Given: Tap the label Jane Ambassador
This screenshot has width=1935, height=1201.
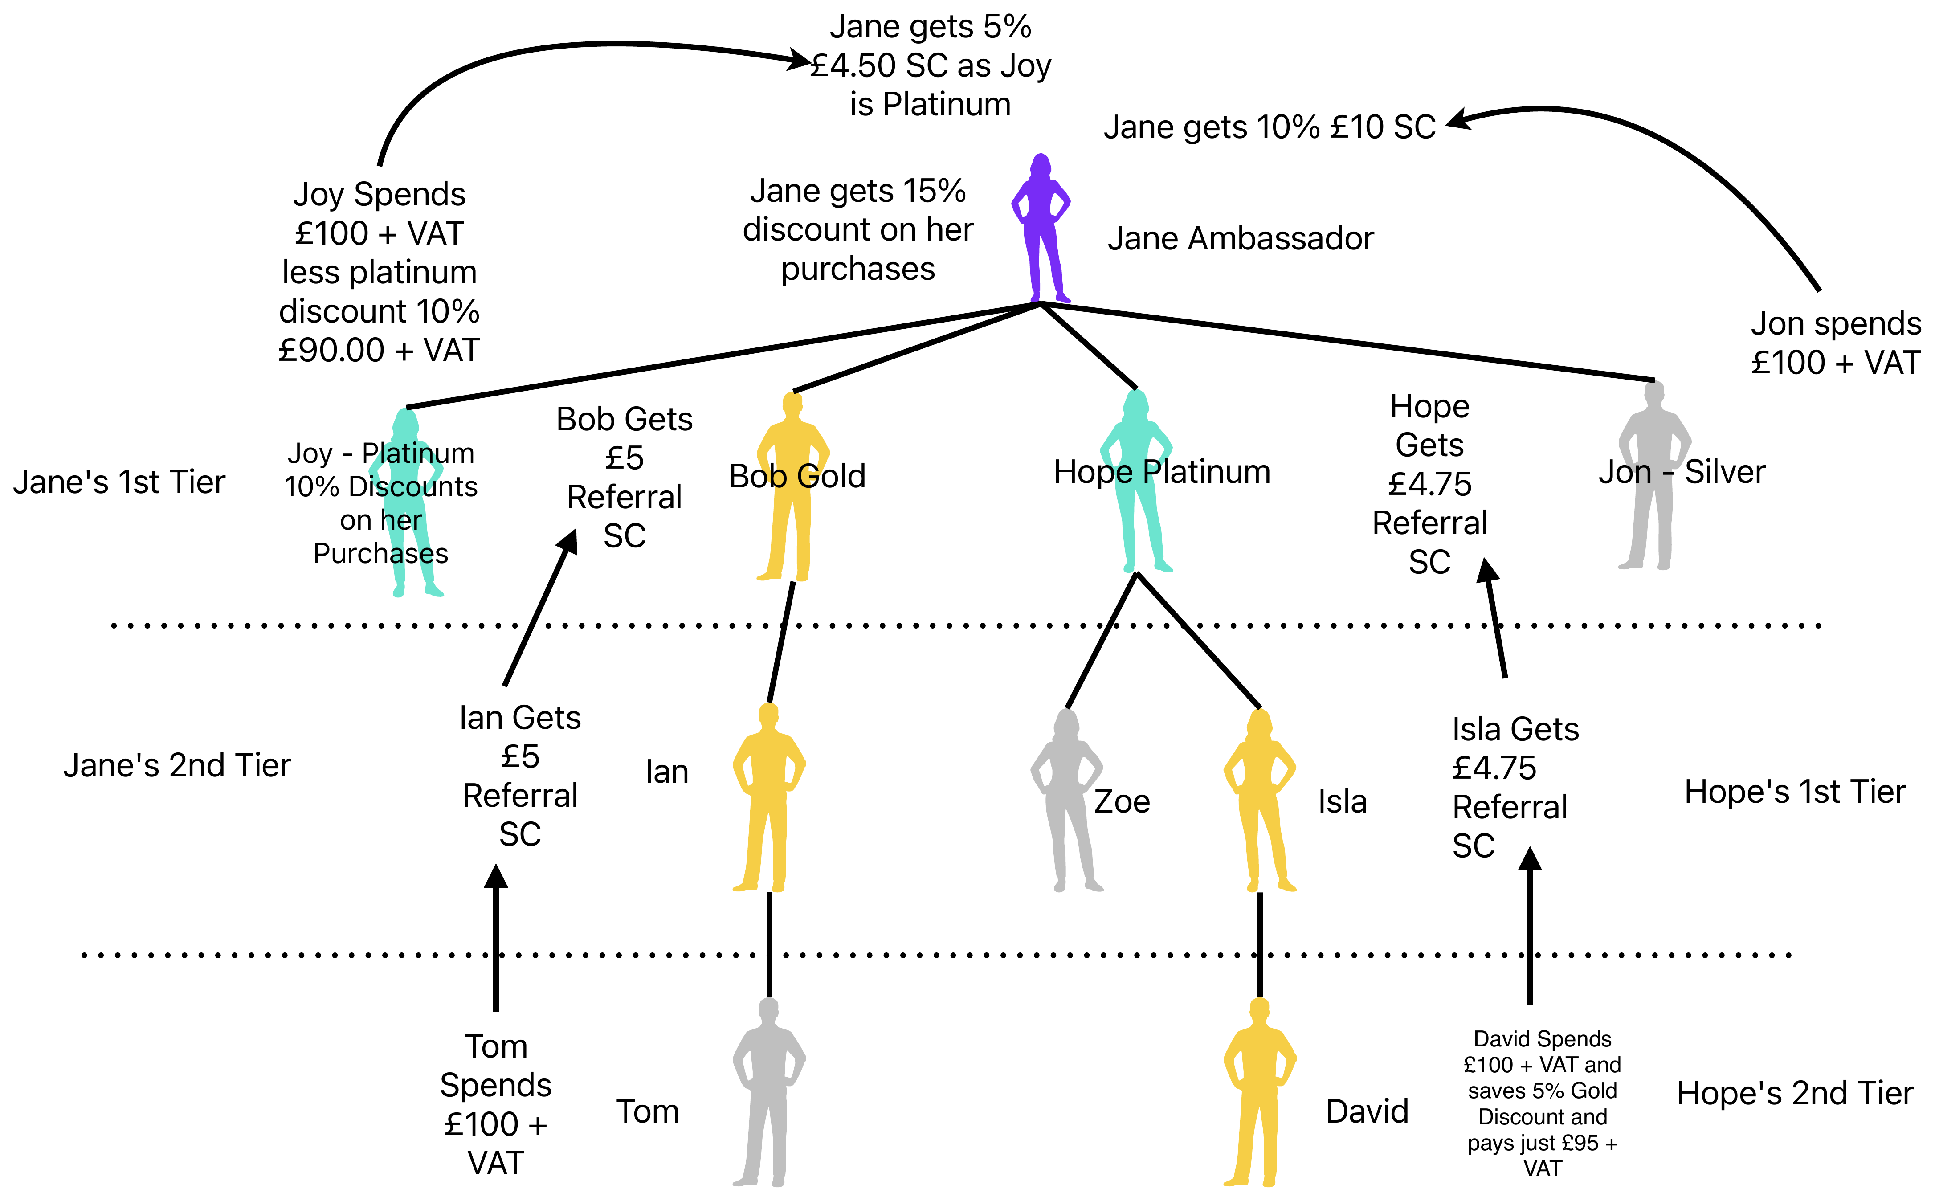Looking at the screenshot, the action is (1240, 238).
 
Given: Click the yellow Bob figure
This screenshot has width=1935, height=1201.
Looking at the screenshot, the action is (792, 486).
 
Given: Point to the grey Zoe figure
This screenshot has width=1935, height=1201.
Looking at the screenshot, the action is (1066, 800).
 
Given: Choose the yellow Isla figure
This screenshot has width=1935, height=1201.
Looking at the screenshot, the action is (1259, 800).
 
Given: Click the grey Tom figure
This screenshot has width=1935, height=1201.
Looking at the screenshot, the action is (768, 1092).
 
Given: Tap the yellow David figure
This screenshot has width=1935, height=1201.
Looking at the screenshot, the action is (1259, 1092).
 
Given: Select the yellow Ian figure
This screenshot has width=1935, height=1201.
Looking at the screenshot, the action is (768, 797).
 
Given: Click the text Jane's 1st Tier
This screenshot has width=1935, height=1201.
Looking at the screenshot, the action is (119, 482).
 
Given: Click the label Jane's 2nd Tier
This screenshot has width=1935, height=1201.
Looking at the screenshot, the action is (177, 766).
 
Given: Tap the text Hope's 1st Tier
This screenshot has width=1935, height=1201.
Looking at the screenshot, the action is (1795, 792).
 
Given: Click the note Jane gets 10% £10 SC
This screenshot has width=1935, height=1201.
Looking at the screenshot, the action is (1270, 127).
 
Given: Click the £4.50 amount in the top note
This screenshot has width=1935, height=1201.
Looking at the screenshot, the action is (853, 66).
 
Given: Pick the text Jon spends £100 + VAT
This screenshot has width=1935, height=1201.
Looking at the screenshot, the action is (1836, 343).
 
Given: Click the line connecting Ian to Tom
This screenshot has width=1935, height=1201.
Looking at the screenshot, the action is (768, 945).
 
